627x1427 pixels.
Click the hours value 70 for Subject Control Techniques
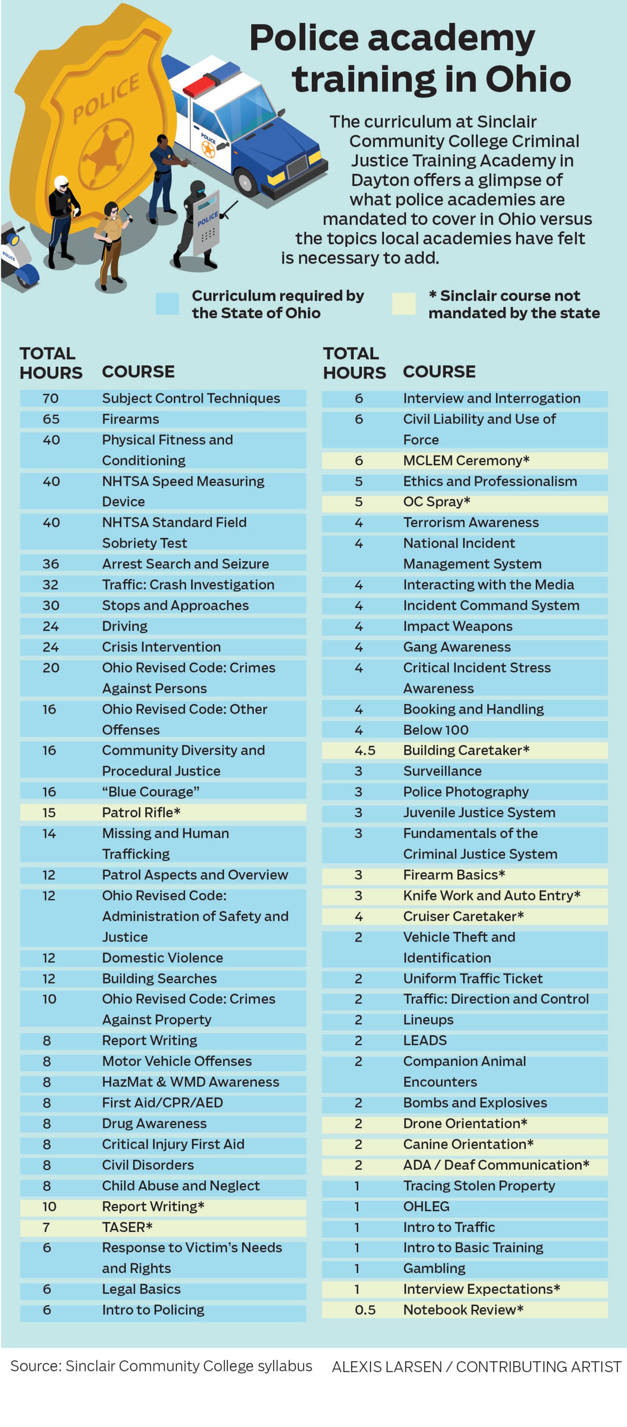point(51,398)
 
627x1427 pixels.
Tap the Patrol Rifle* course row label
point(141,813)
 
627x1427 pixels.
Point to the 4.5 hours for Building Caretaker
point(364,751)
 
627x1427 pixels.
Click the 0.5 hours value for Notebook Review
point(364,1310)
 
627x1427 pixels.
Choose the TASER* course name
point(127,1227)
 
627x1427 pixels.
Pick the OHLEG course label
point(426,1206)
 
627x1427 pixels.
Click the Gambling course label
point(434,1269)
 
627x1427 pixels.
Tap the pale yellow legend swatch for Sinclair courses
point(403,304)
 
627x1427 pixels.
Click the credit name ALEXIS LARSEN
point(386,1367)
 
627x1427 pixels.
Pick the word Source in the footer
point(35,1367)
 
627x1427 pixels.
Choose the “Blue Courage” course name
point(150,792)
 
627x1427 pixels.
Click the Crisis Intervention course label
point(161,647)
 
